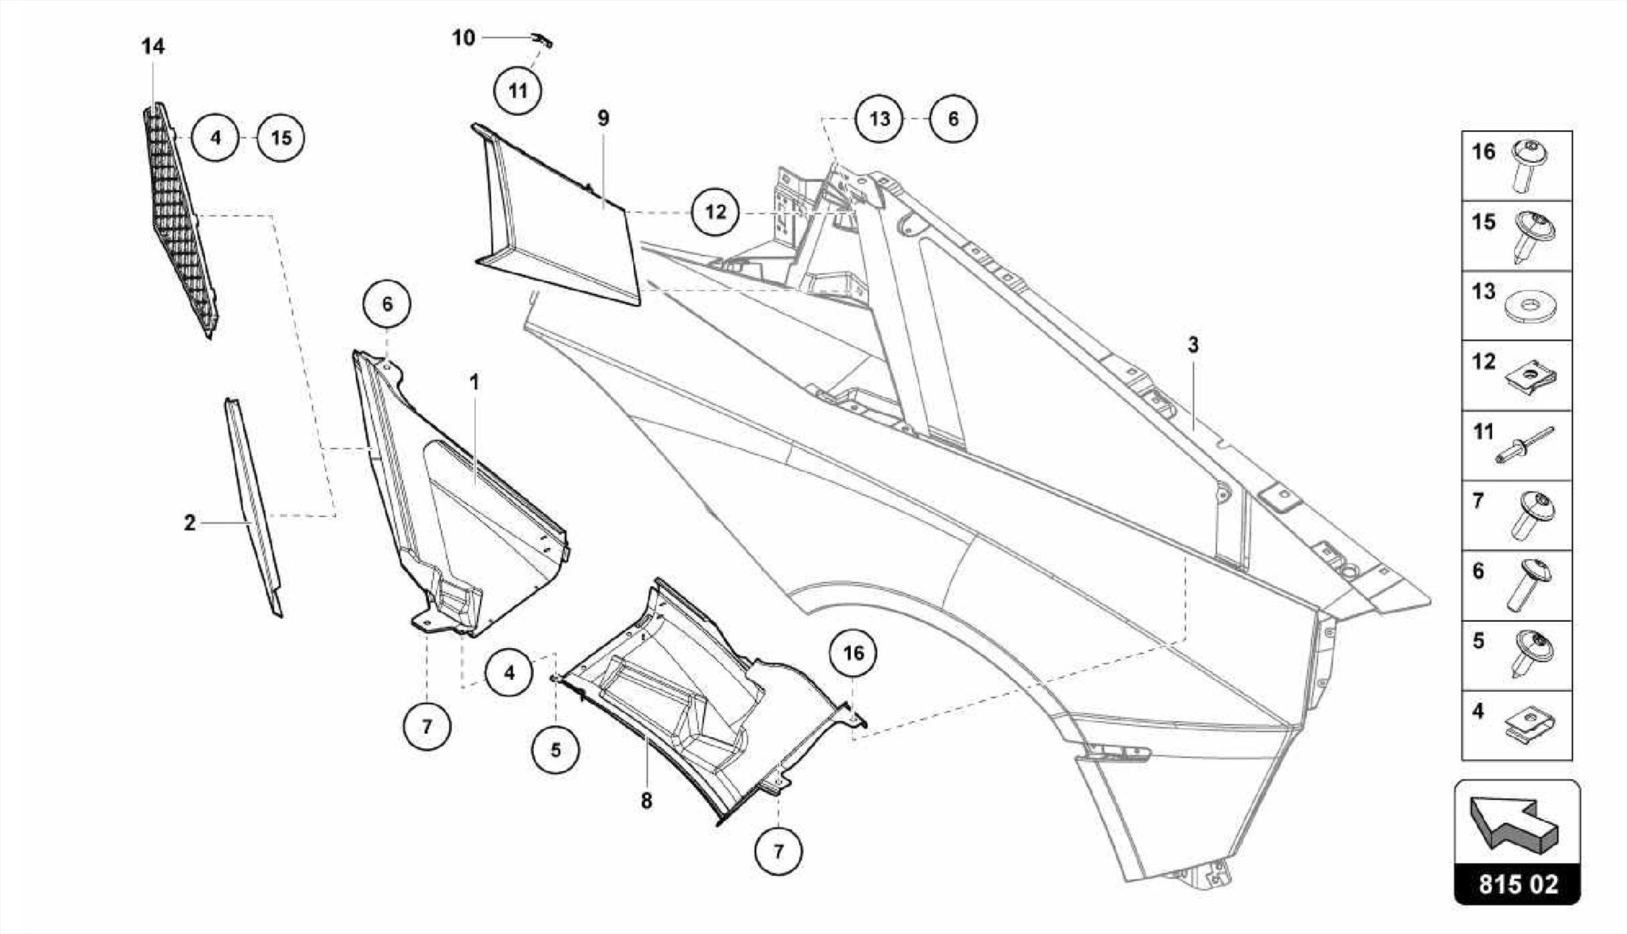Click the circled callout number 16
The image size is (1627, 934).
[852, 653]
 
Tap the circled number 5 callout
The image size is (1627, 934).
[555, 750]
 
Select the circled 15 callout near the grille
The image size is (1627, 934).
[281, 138]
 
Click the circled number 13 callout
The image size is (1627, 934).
[879, 119]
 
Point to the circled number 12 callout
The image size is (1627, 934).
[715, 212]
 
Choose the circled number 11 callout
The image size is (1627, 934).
[517, 91]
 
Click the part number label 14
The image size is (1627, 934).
[153, 47]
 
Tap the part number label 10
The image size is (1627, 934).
[463, 37]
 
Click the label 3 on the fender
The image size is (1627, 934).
[1193, 345]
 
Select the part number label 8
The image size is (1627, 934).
[646, 801]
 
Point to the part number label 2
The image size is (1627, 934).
[189, 523]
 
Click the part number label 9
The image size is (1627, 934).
[603, 118]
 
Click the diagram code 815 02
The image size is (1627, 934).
[1517, 885]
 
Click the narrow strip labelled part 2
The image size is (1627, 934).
[253, 508]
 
